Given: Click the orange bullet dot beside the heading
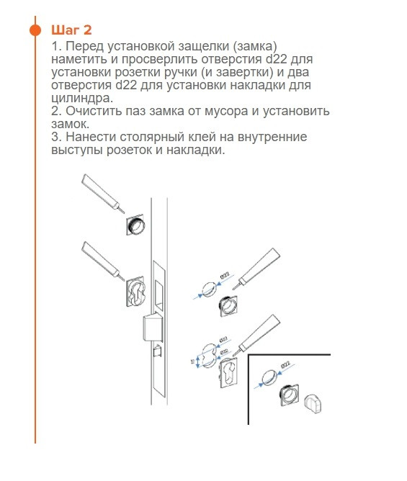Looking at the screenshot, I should (x=35, y=30).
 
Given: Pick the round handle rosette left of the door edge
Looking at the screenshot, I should (x=135, y=225).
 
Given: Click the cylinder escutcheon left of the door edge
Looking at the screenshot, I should (x=136, y=295).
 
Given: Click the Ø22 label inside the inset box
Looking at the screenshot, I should (x=285, y=367).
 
